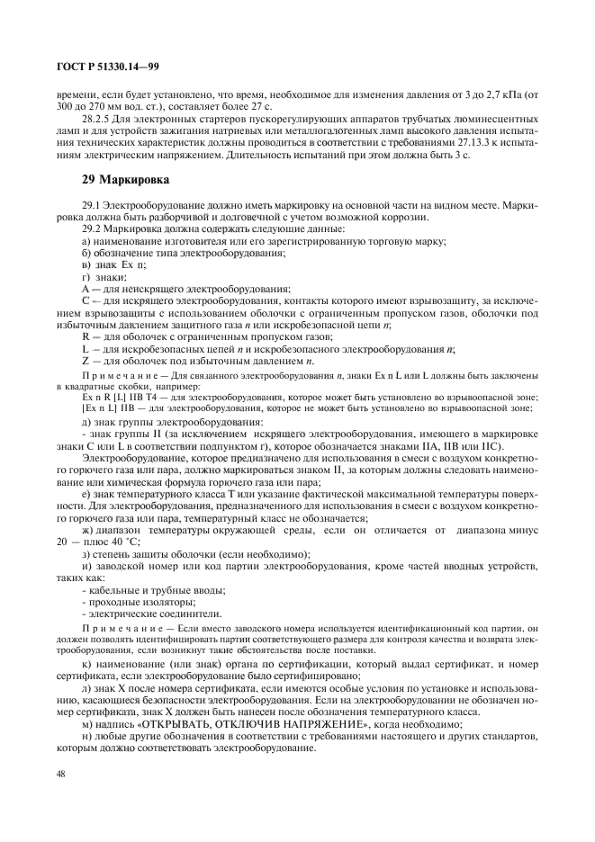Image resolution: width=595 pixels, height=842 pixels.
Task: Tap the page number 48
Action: pos(60,774)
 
